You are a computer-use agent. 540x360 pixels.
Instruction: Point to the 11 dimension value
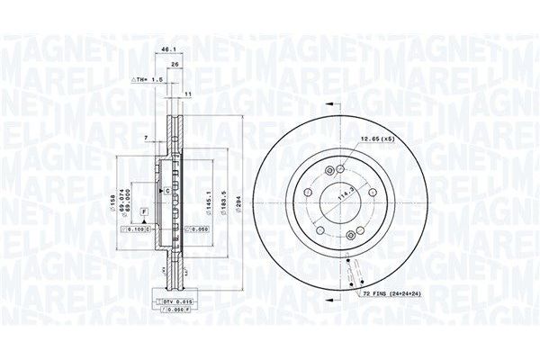(188, 94)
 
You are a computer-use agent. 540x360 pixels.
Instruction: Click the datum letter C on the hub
(166, 192)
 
